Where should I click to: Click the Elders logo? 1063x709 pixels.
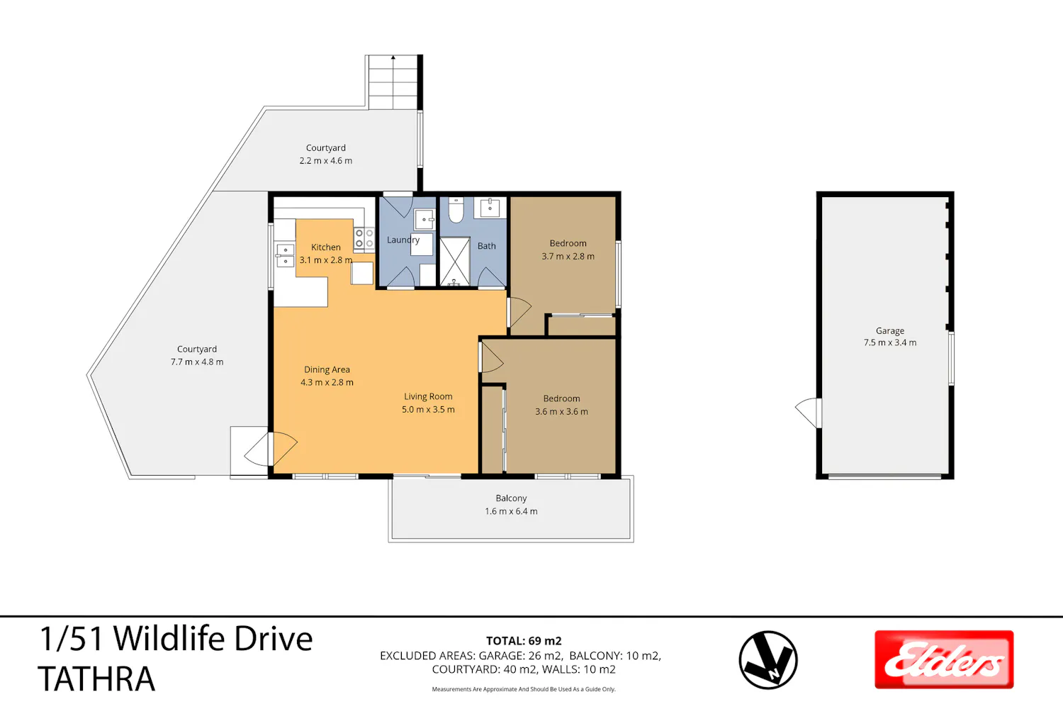click(x=944, y=659)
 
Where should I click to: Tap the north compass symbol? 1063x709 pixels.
click(x=767, y=659)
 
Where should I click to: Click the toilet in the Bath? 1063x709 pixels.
click(x=456, y=211)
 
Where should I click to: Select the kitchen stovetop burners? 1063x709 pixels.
click(x=364, y=238)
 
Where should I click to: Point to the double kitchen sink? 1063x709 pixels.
click(x=285, y=255)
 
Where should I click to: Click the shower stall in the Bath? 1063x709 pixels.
click(x=455, y=262)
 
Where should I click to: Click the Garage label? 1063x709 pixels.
click(x=890, y=330)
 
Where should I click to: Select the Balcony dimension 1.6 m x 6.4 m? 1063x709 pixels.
click(x=511, y=511)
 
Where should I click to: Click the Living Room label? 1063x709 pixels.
click(x=428, y=396)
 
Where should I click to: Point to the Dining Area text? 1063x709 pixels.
click(x=327, y=369)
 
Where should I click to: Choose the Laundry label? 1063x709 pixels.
click(x=403, y=240)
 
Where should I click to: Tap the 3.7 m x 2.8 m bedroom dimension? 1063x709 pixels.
click(x=568, y=257)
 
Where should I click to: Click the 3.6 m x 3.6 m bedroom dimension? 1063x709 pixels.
click(x=561, y=412)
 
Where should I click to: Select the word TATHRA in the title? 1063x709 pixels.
click(x=96, y=679)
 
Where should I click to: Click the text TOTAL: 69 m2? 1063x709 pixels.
click(x=524, y=641)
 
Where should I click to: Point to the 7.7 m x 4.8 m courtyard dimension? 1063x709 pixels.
click(x=197, y=362)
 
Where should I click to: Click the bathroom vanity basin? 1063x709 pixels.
click(x=490, y=208)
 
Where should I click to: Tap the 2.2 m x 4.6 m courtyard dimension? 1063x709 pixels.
click(x=325, y=160)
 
